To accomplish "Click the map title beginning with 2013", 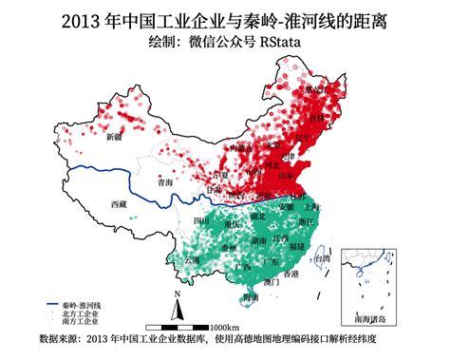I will click(224, 20).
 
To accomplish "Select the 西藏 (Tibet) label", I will click(118, 204).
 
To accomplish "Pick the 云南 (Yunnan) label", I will click(194, 258).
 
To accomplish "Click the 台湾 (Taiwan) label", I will click(323, 257).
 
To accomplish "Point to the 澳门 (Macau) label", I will click(272, 282).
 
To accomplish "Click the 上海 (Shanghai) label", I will click(309, 206).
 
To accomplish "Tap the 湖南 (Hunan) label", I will click(259, 241).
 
